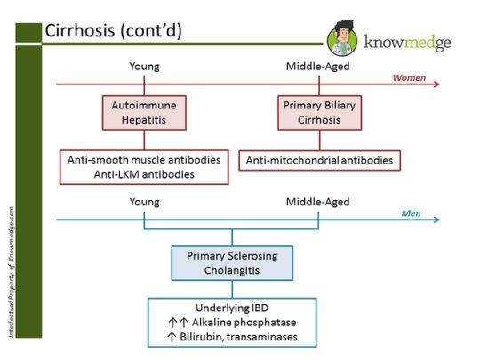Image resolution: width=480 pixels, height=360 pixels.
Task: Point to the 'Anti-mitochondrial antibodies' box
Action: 318,160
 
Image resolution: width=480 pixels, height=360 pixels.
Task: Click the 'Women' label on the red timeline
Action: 410,77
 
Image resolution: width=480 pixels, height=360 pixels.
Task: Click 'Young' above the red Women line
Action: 144,67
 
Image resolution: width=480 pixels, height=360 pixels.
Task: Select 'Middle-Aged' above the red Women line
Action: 317,67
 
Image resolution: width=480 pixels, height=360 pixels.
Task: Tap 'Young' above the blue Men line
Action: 144,202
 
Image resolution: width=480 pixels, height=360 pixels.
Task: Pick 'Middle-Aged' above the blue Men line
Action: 317,202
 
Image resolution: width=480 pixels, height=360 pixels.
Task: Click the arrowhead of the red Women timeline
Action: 436,85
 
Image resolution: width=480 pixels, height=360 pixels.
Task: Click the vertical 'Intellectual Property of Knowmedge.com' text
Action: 11,271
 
